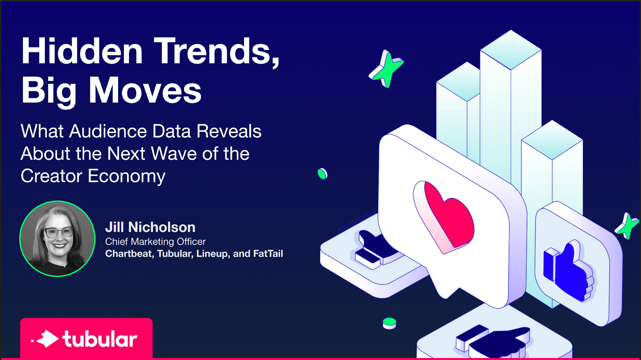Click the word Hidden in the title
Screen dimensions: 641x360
pos(82,51)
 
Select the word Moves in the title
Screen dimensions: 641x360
pos(145,90)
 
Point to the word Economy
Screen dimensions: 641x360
pos(127,176)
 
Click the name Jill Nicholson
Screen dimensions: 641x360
pos(150,227)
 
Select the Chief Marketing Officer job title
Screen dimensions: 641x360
pos(155,241)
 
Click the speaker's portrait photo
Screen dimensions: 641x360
pos(57,239)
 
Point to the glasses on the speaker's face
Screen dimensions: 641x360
pos(59,232)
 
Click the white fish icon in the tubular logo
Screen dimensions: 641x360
pos(46,339)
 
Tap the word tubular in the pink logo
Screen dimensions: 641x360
pos(100,339)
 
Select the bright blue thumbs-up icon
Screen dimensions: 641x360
pos(568,271)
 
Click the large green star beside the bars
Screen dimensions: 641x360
pos(386,69)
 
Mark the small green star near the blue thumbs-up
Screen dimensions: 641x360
pos(627,226)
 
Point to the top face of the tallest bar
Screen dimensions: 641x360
pos(511,50)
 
